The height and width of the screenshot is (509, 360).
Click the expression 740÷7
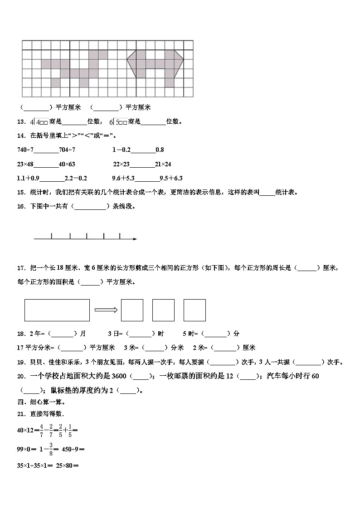[25, 150]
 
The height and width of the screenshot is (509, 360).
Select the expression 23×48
[25, 164]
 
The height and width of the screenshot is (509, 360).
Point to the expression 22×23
[122, 164]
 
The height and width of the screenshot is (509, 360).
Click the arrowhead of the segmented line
[135, 238]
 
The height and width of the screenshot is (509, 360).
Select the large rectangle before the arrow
[57, 310]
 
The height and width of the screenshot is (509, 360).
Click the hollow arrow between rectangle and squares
[106, 310]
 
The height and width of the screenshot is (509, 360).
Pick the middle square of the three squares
[163, 310]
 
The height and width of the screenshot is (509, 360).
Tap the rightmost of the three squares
[195, 310]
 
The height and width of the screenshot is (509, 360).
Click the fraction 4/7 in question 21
[41, 430]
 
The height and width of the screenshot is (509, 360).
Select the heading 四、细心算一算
[41, 402]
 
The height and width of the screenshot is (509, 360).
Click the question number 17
[20, 268]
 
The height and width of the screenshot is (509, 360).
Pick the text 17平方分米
[32, 348]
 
